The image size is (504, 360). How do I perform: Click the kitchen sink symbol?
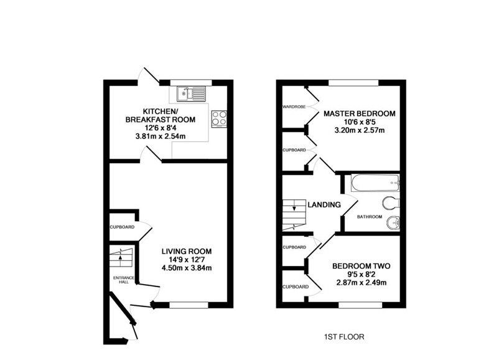[191, 93]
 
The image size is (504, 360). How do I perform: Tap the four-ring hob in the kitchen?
[219, 119]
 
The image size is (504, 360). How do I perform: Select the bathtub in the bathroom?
[375, 183]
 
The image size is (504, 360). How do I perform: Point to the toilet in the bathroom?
[391, 202]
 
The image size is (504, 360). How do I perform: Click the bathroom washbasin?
[393, 222]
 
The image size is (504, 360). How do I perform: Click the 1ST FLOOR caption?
[344, 337]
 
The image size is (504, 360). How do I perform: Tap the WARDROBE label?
[294, 107]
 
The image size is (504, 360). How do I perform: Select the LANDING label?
[324, 205]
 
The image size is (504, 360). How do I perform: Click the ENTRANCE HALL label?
[124, 280]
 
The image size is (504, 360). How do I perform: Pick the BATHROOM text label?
[370, 217]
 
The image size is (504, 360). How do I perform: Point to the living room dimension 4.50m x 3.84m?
[187, 268]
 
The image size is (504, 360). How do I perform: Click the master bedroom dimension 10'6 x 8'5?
[360, 122]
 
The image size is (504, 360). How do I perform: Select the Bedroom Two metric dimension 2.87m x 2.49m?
[362, 283]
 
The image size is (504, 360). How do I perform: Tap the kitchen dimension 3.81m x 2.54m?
[161, 136]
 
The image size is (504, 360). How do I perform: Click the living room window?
[189, 305]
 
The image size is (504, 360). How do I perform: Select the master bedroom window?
[353, 83]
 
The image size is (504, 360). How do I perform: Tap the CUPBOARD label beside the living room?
[122, 227]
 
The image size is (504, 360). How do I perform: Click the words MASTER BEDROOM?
[360, 113]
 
